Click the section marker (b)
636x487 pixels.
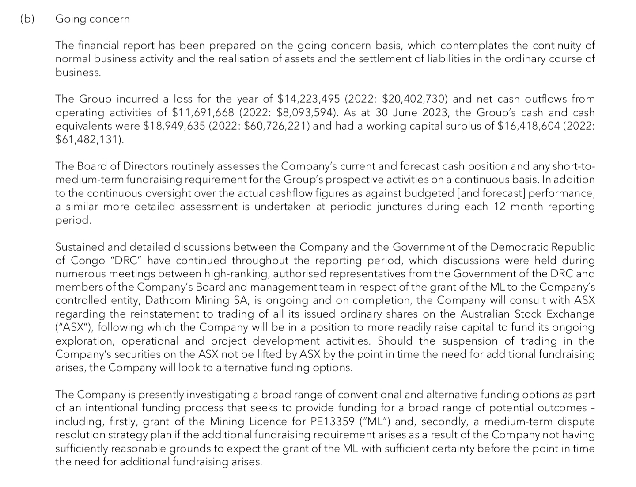27,19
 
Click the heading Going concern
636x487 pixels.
92,19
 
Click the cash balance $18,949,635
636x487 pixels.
174,126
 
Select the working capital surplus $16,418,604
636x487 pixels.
529,126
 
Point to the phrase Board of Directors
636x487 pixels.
122,166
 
